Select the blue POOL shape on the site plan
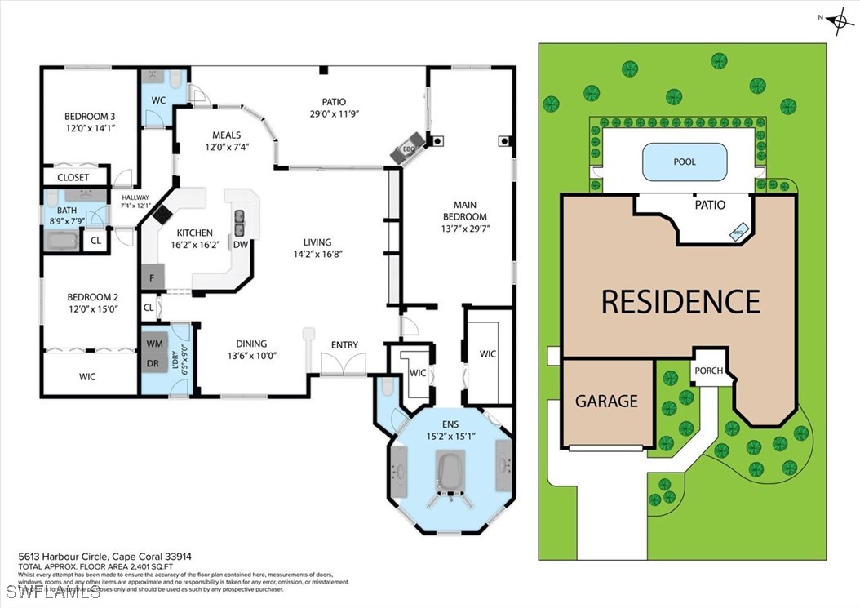tap(685, 162)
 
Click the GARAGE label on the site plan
tap(606, 401)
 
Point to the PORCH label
tap(708, 371)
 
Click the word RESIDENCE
tap(680, 301)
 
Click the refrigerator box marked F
tap(152, 278)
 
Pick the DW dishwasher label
tap(241, 244)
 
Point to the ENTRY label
tap(344, 345)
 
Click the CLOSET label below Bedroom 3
tap(73, 177)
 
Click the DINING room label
tap(251, 344)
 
